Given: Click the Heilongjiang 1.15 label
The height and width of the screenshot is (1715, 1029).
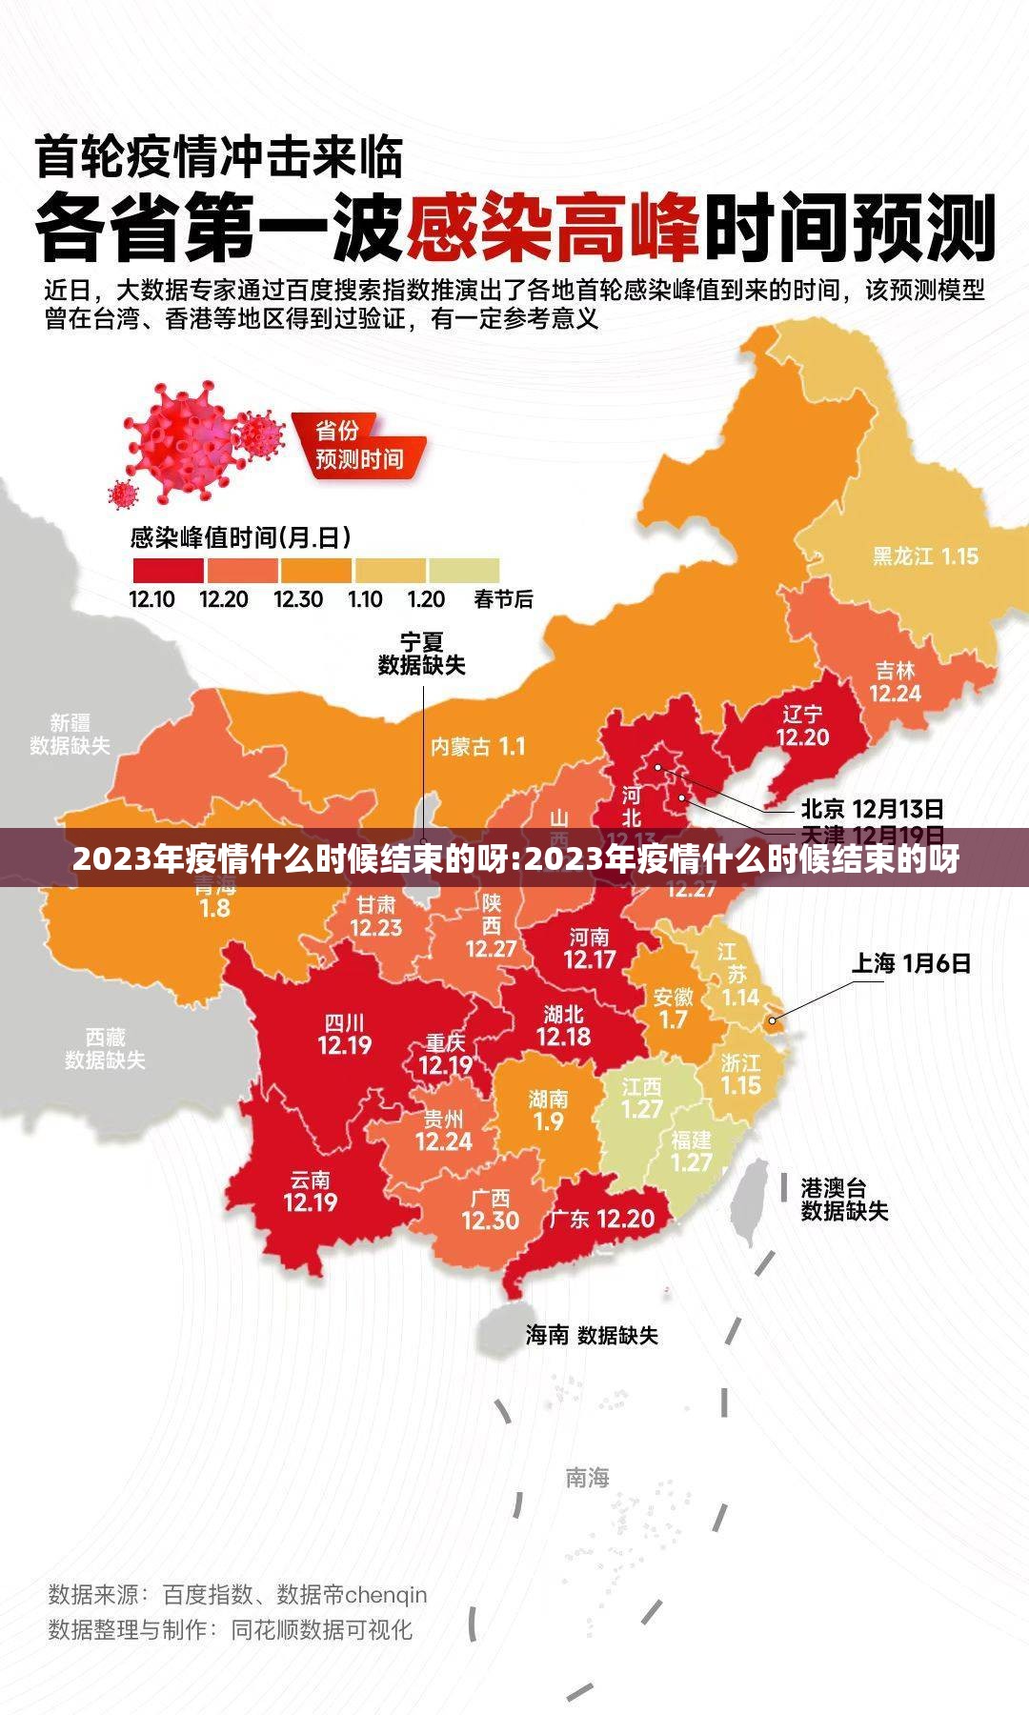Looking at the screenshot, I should (925, 555).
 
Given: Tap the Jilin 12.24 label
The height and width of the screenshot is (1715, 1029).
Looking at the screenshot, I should (895, 682).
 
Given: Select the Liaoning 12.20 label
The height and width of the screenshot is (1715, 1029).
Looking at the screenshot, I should (802, 726).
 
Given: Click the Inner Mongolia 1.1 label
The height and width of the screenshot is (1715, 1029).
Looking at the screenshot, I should (477, 746).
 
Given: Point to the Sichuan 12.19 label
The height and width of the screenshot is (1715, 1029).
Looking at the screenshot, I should (344, 1035).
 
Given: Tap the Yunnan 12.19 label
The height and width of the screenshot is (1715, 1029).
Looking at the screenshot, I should (311, 1191).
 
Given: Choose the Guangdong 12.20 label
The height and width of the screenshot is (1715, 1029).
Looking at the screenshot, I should (601, 1218).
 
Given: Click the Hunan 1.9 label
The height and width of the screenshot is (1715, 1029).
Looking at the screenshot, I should (548, 1110).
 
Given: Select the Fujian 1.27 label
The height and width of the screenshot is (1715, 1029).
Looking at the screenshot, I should (692, 1151).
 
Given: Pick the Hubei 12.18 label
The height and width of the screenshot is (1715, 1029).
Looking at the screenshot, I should (563, 1025).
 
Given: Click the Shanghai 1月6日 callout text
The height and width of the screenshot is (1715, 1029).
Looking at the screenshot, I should (911, 963).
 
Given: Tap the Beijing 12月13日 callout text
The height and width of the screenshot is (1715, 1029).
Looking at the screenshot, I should (872, 809).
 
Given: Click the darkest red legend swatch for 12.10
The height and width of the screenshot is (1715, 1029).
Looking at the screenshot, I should (168, 570).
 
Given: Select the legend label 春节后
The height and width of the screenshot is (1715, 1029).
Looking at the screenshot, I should (503, 599).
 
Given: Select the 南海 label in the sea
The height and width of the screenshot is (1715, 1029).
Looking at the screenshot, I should (587, 1478).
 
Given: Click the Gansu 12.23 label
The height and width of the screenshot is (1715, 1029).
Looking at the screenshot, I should (375, 916).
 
